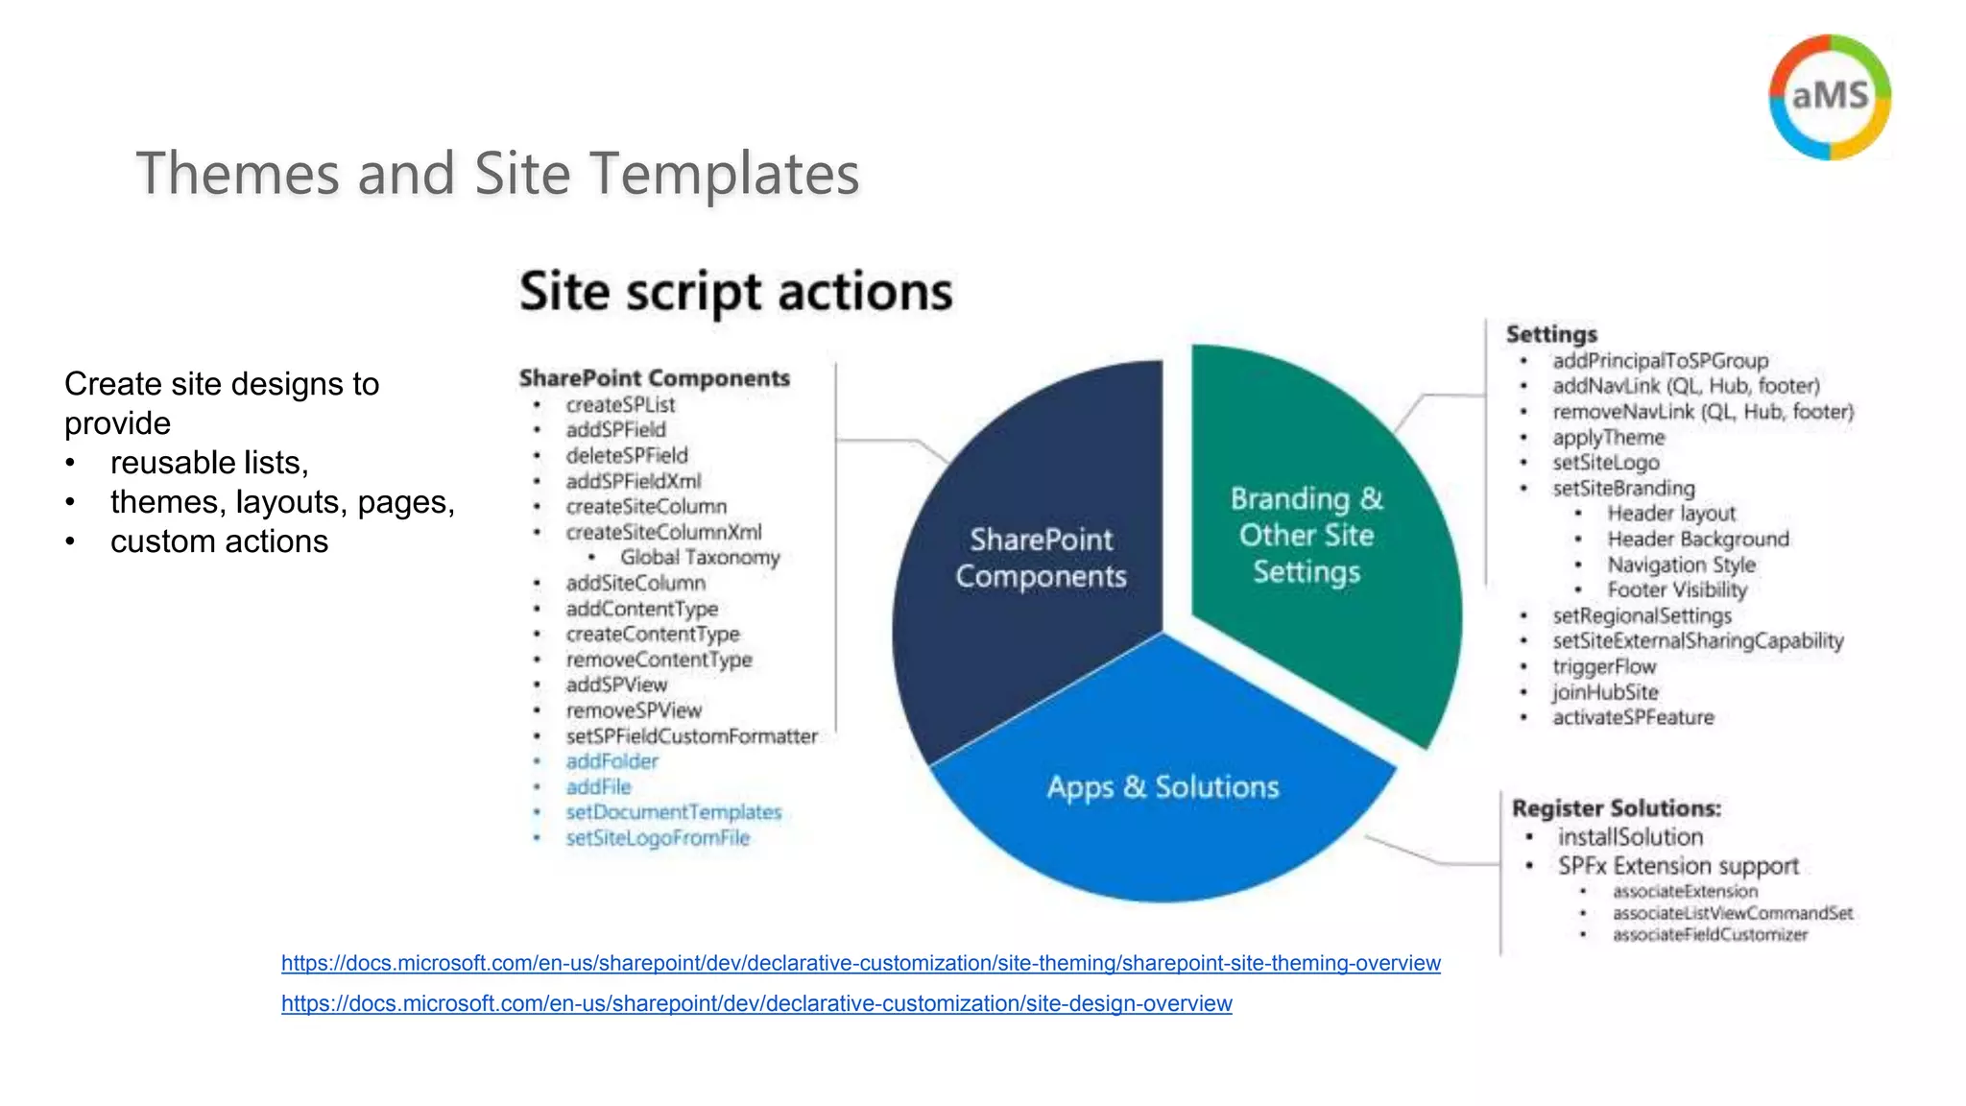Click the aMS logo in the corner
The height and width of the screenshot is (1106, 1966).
coord(1830,96)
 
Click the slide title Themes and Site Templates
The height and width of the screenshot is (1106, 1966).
coord(497,174)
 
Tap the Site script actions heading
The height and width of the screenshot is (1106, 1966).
coord(735,292)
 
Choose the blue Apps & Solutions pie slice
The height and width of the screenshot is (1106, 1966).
coord(1163,806)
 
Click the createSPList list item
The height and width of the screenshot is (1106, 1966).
coord(620,405)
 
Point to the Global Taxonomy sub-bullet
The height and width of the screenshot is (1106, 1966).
coord(699,558)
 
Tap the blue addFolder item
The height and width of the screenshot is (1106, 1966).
coord(611,761)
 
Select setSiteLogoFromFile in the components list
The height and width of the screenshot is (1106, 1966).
coord(658,838)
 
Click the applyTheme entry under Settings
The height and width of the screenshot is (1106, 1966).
coord(1608,438)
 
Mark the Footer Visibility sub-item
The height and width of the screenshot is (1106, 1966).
coord(1676,590)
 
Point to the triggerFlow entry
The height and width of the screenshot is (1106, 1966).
coord(1604,666)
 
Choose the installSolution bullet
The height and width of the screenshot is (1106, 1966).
coord(1630,837)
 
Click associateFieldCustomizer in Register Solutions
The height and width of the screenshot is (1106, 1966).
coord(1710,935)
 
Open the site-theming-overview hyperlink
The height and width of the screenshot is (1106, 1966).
coord(860,963)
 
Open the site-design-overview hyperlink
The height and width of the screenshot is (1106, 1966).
coord(756,1003)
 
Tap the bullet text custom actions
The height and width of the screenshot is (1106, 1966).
coord(219,541)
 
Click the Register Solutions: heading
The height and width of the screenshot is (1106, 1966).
coord(1617,808)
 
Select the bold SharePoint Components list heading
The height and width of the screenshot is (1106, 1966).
coord(654,378)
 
